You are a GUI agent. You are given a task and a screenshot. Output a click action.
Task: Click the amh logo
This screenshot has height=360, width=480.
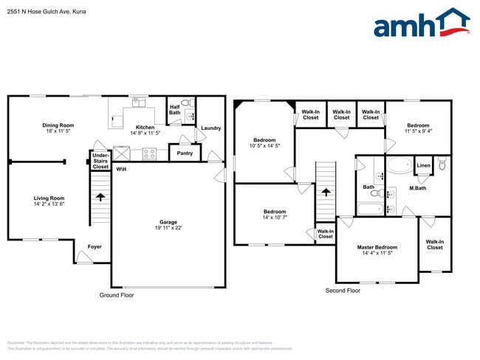(x=421, y=24)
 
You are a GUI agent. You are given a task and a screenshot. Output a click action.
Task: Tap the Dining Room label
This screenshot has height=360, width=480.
(x=58, y=125)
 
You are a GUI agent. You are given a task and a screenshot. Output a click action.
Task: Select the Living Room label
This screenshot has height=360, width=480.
(x=49, y=198)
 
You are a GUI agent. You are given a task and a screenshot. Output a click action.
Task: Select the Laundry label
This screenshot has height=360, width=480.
(x=210, y=128)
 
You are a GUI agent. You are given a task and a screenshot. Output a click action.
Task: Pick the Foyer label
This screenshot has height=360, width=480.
(x=95, y=246)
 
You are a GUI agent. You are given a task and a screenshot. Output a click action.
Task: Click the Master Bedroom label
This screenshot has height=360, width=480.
(x=377, y=248)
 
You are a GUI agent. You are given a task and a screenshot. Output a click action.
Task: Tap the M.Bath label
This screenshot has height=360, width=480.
(x=419, y=188)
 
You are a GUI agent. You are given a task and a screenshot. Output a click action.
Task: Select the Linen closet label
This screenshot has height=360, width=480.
(x=423, y=165)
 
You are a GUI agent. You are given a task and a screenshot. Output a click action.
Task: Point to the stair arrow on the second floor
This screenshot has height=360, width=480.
(x=326, y=193)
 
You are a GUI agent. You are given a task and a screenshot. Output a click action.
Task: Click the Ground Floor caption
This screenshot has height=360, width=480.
(x=117, y=295)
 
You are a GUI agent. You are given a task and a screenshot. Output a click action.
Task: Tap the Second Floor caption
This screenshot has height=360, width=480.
(x=343, y=291)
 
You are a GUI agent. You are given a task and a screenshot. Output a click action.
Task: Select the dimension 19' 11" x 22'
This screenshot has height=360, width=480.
(x=168, y=228)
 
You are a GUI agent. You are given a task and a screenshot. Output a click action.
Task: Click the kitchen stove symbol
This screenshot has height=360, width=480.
(x=149, y=154)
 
